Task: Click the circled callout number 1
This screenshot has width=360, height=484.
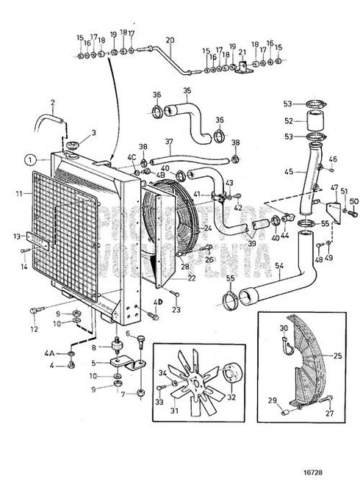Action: pos(28,159)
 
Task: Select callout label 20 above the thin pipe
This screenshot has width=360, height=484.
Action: pos(170,40)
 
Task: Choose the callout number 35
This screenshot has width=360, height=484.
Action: pos(187,91)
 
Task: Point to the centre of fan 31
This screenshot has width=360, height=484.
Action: pos(195,383)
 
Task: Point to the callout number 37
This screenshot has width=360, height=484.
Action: pos(169,141)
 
